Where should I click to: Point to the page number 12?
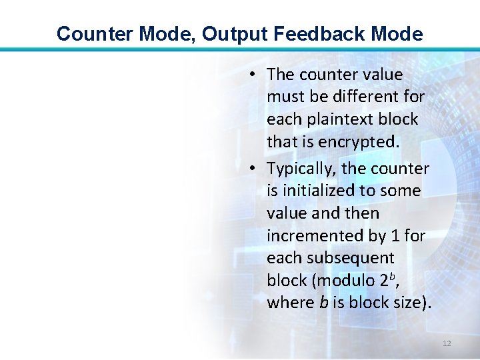pos(447,343)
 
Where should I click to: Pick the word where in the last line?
pos(289,303)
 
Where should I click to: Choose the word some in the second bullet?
pos(401,191)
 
